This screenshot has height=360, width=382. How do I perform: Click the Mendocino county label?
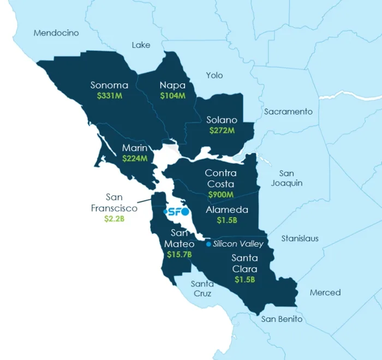pyautogui.click(x=56, y=33)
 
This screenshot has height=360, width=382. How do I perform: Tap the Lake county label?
pyautogui.click(x=141, y=45)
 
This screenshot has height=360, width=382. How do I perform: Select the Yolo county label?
pyautogui.click(x=214, y=75)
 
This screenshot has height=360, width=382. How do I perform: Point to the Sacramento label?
pyautogui.click(x=288, y=111)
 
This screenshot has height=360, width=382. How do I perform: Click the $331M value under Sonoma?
pyautogui.click(x=109, y=95)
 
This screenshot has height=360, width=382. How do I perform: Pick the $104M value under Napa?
pyautogui.click(x=172, y=95)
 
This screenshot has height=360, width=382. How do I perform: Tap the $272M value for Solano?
pyautogui.click(x=222, y=130)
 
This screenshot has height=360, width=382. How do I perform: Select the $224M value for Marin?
pyautogui.click(x=134, y=159)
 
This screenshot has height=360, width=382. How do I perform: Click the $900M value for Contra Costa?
pyautogui.click(x=220, y=194)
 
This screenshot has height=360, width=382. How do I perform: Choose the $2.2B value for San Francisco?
pyautogui.click(x=114, y=218)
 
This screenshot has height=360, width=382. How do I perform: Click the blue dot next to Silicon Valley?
pyautogui.click(x=208, y=244)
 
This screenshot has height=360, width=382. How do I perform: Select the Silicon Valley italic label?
pyautogui.click(x=238, y=244)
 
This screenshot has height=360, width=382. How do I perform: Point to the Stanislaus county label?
pyautogui.click(x=300, y=238)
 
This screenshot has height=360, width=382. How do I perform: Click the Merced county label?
pyautogui.click(x=325, y=292)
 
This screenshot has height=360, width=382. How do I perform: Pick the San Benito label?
pyautogui.click(x=282, y=319)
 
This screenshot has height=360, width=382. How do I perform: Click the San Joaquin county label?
pyautogui.click(x=286, y=178)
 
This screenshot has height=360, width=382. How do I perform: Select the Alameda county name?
pyautogui.click(x=227, y=209)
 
